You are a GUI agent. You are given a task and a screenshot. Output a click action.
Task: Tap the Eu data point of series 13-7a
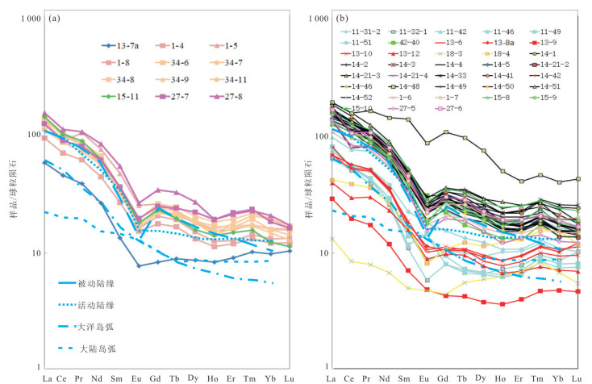(x=138, y=265)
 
